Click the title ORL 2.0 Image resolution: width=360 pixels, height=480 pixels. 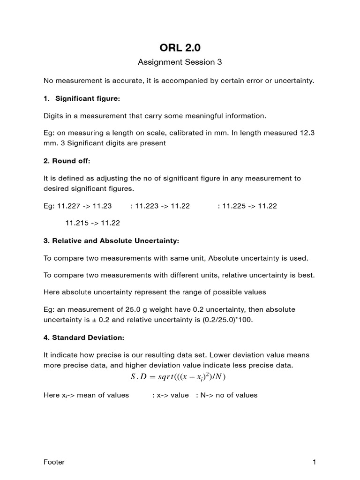pyautogui.click(x=180, y=47)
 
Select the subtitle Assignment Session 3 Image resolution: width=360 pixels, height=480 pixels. pyautogui.click(x=180, y=62)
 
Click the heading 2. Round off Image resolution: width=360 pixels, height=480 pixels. pyautogui.click(x=67, y=161)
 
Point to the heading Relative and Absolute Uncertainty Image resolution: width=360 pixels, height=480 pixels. pyautogui.click(x=111, y=240)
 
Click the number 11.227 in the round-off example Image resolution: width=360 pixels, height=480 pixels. pyautogui.click(x=67, y=206)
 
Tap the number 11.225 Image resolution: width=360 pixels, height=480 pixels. pyautogui.click(x=233, y=206)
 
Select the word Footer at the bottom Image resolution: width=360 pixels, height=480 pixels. pyautogui.click(x=54, y=462)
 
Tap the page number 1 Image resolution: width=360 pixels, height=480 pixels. pyautogui.click(x=314, y=462)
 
